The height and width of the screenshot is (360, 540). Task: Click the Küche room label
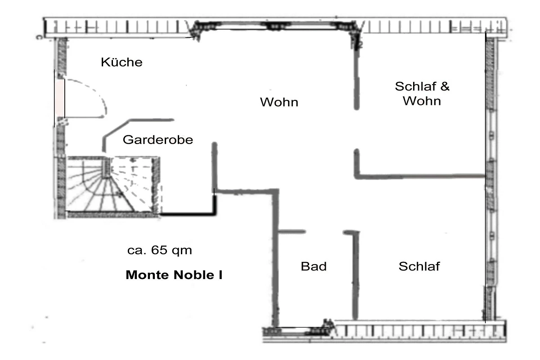(x=121, y=62)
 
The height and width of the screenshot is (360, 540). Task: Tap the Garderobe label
(x=158, y=140)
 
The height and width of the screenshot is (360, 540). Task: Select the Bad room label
(x=314, y=266)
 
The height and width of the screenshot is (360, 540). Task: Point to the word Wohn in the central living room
(x=279, y=102)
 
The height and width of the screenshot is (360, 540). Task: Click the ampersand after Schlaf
(x=445, y=86)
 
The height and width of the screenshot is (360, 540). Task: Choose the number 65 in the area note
(x=159, y=250)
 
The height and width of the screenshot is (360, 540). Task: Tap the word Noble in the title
(x=193, y=275)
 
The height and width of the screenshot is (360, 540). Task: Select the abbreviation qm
(x=182, y=251)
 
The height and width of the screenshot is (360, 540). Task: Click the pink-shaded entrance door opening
(x=59, y=98)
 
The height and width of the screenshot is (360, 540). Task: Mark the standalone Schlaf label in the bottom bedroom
(x=419, y=266)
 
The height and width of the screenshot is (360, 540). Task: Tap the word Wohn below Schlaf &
(x=422, y=101)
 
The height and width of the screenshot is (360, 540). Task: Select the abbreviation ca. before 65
(x=137, y=251)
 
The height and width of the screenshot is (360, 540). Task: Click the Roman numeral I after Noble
(x=220, y=275)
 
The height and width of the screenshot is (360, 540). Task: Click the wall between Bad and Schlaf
(x=355, y=275)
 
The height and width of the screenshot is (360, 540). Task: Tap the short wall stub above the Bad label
(x=292, y=232)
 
